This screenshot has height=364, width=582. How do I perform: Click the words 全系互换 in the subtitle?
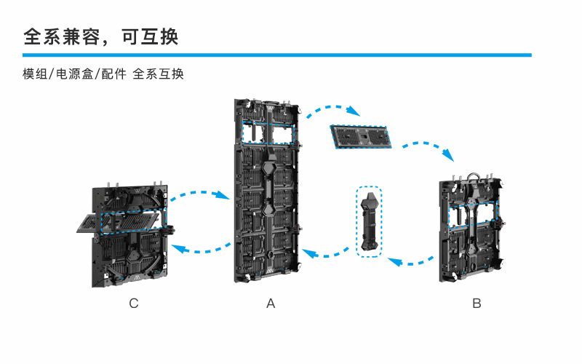(x=158, y=74)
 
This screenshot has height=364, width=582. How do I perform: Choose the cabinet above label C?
(x=131, y=233)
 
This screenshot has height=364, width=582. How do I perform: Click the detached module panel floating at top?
(x=360, y=136)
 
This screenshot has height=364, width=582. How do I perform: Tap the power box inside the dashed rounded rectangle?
(x=369, y=220)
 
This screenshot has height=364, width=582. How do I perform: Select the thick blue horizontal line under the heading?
(x=276, y=55)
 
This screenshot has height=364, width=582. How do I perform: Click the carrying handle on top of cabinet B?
(x=473, y=175)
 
